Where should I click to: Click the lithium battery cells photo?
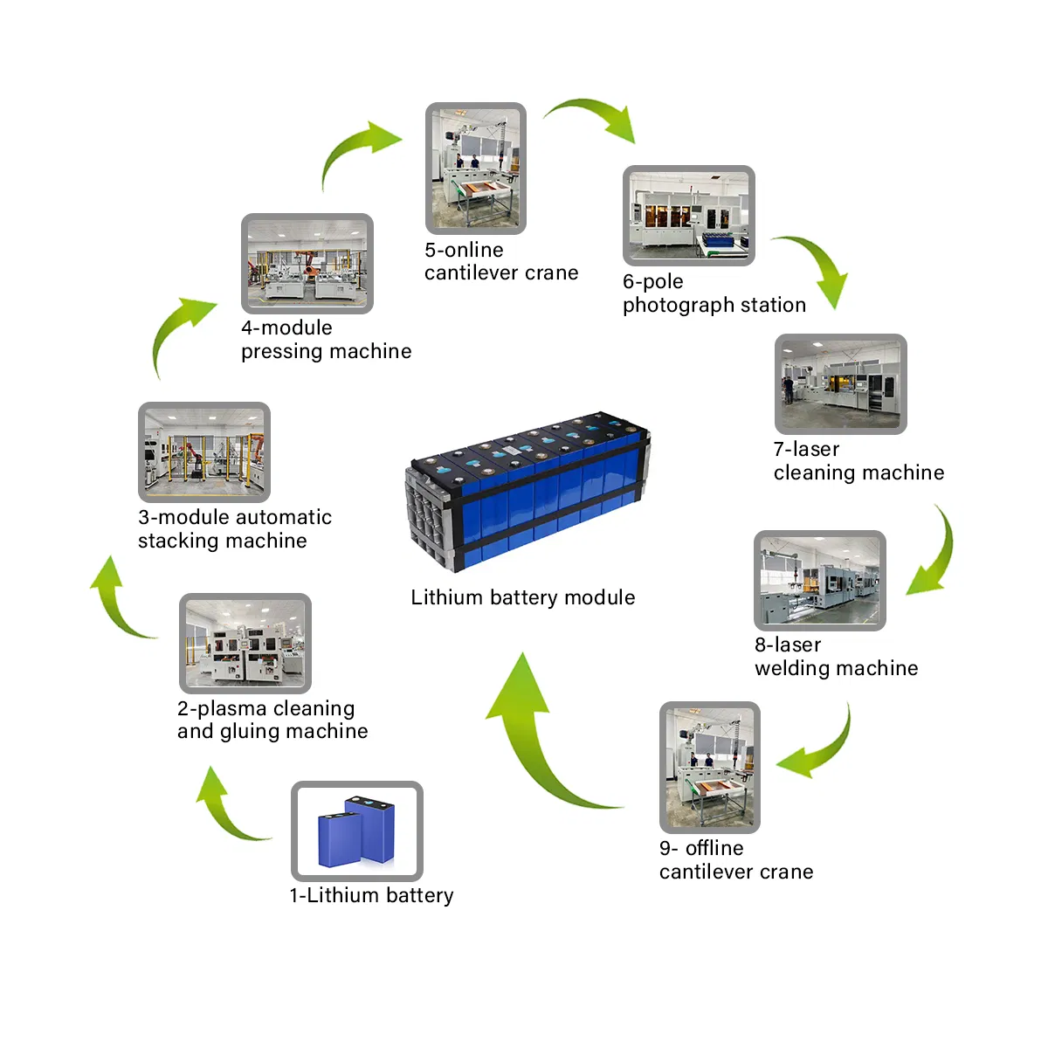coord(356,831)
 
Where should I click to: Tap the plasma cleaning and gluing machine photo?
coord(245,644)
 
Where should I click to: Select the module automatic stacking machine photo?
coord(204,452)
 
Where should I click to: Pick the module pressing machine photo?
coord(307,264)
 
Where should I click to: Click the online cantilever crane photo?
coord(475,169)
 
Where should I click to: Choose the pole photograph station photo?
coord(688,216)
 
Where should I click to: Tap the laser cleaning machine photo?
coord(840,384)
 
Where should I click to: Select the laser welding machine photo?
coord(819,581)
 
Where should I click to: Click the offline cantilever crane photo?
coord(709,767)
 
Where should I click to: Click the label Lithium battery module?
coord(523,597)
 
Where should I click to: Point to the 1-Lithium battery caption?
coord(371,896)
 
